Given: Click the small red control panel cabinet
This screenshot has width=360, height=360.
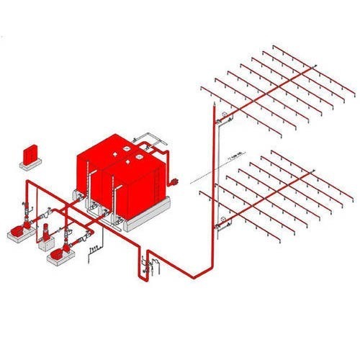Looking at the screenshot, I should (30, 153).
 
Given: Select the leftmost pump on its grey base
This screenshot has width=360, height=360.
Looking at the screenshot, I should (15, 232).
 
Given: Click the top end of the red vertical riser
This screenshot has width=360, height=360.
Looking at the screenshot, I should (214, 109).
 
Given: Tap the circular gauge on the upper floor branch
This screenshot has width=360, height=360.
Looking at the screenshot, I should (225, 115).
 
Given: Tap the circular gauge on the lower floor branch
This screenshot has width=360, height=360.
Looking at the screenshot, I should (225, 217).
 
